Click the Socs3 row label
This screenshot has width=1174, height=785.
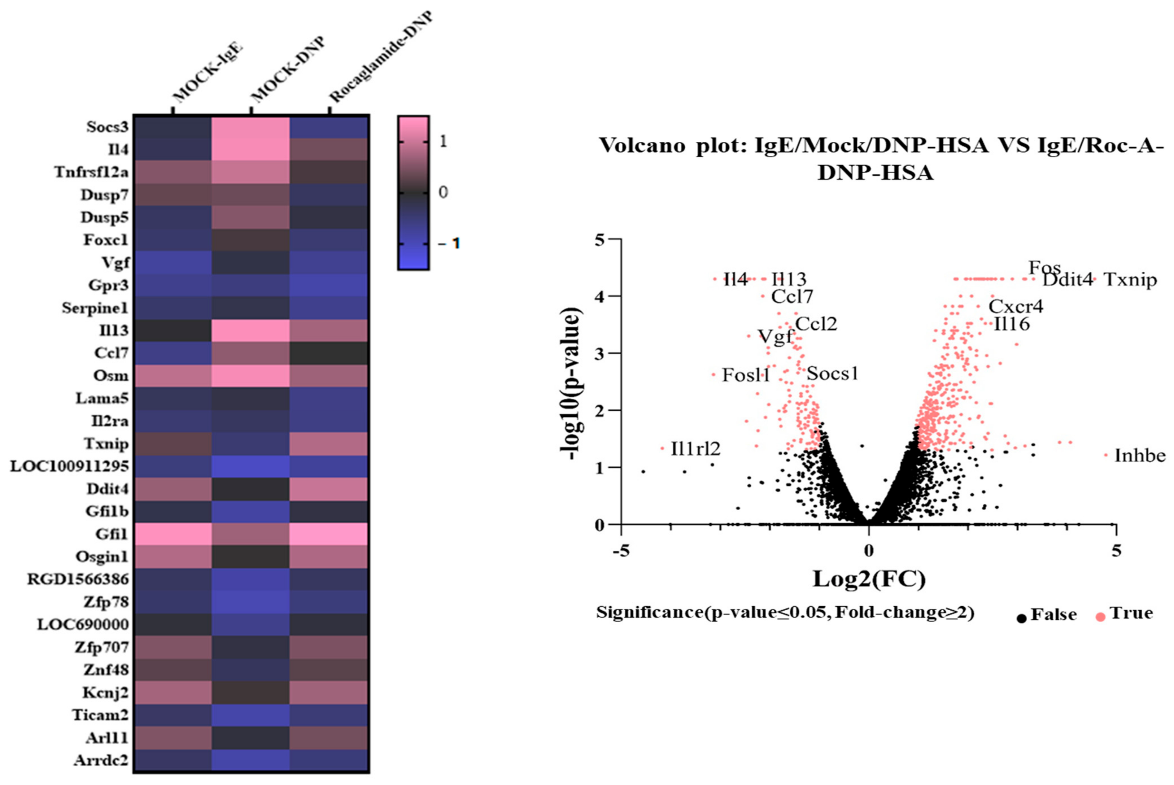point(107,127)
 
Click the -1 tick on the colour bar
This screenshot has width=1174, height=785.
point(449,244)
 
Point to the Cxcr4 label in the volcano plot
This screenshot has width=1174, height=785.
point(1016,306)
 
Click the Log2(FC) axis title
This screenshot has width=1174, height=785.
point(869,579)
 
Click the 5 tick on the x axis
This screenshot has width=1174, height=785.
point(1116,551)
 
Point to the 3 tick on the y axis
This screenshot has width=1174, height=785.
point(600,353)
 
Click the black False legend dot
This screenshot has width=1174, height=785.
point(1021,618)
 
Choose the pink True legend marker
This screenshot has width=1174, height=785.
point(1100,617)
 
